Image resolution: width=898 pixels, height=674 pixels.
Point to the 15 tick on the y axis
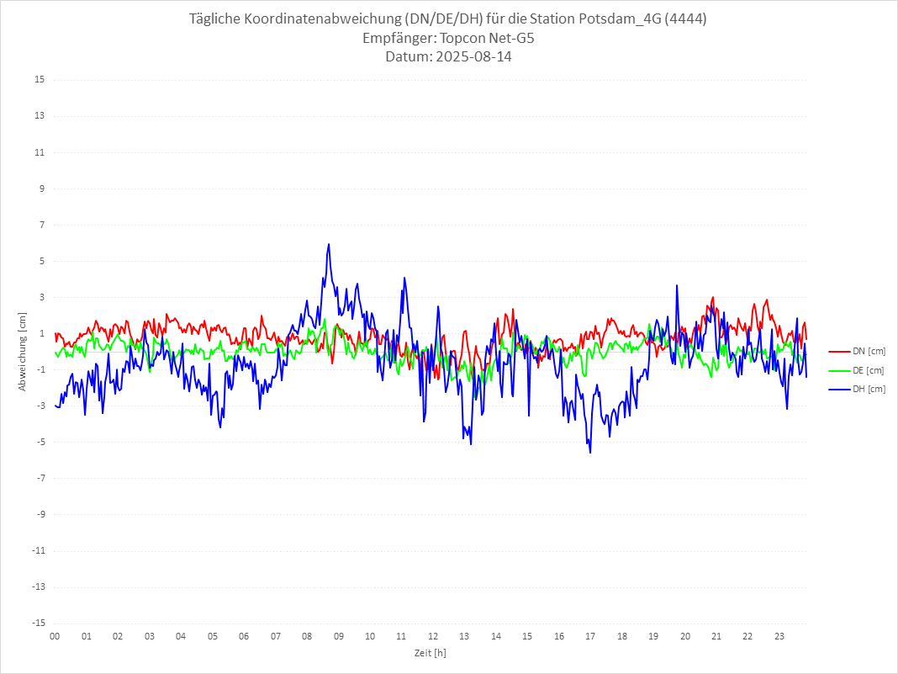(40, 80)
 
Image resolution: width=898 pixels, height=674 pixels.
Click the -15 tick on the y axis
(38, 623)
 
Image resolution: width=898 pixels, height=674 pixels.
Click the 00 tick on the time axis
(55, 636)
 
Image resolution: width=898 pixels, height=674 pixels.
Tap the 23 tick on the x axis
(779, 636)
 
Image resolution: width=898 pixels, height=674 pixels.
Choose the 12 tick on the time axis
(433, 636)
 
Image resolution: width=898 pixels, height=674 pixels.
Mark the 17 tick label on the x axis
(590, 636)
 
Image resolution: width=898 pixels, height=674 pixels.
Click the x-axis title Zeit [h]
(430, 652)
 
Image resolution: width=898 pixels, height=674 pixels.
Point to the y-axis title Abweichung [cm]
(23, 352)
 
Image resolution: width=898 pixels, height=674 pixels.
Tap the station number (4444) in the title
(682, 19)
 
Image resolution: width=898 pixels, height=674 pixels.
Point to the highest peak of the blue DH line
(329, 244)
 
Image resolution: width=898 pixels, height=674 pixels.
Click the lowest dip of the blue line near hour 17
(590, 453)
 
